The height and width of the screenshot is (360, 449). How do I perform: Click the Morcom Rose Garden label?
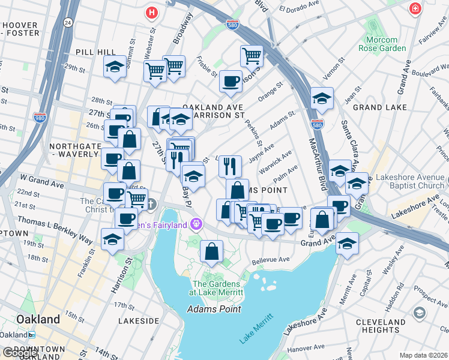(x=382, y=44)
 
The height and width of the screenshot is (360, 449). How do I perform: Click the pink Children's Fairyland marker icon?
(x=195, y=224)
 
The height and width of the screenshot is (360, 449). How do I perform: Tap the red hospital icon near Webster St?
(x=152, y=11)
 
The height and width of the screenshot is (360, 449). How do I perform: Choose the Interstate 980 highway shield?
(x=40, y=118)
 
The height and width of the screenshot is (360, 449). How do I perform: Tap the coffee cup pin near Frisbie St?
(x=230, y=82)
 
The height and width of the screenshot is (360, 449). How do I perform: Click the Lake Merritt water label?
(x=256, y=328)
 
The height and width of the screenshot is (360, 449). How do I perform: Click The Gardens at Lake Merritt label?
(x=216, y=288)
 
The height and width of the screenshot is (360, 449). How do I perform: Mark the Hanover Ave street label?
(x=306, y=347)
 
